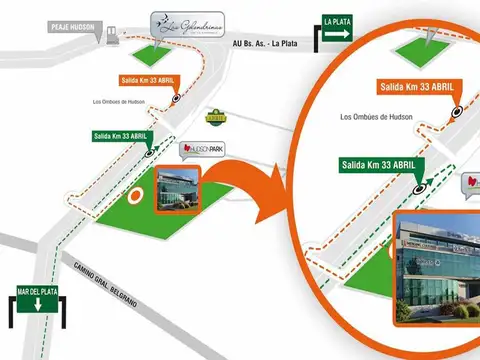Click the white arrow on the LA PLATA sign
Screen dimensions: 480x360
(337, 34)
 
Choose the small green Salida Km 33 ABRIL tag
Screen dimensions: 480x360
(121, 135)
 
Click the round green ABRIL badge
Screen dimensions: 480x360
(214, 116)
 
